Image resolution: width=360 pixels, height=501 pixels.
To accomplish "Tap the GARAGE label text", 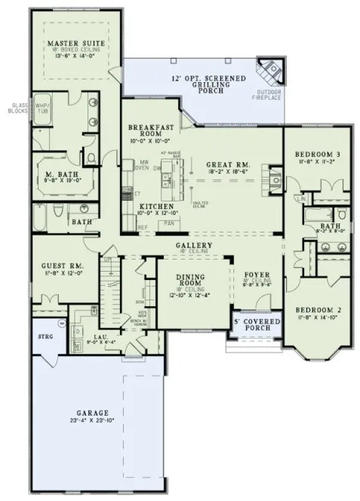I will [x=93, y=413].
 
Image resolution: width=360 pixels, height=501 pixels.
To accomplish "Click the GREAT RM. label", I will [x=217, y=164].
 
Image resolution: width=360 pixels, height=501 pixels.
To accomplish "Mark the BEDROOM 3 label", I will [x=318, y=155].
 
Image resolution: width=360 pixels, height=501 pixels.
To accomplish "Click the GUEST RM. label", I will [x=64, y=267].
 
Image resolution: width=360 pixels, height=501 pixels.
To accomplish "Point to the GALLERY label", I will [x=192, y=246].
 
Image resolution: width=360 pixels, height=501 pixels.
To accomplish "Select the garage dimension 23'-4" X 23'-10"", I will [x=93, y=422].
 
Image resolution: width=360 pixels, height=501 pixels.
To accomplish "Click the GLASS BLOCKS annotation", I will [x=17, y=107].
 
